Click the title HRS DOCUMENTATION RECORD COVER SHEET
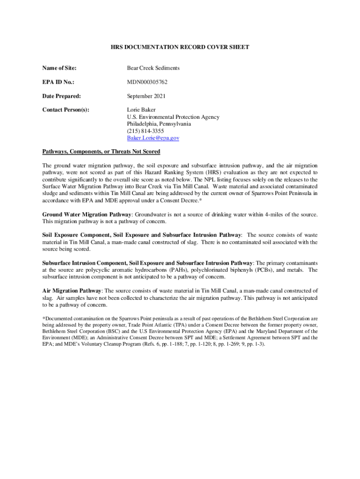coord(180,47)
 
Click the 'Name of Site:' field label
coord(59,68)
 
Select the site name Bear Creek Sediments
coord(153,68)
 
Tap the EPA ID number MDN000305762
coord(147,82)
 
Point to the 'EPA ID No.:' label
coord(58,82)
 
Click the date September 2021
coord(146,96)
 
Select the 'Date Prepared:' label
coord(61,96)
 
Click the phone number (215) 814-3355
coord(145,131)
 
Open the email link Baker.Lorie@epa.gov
coord(153,138)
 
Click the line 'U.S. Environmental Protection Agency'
coord(173,117)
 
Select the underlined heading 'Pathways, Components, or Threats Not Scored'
coord(101,152)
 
